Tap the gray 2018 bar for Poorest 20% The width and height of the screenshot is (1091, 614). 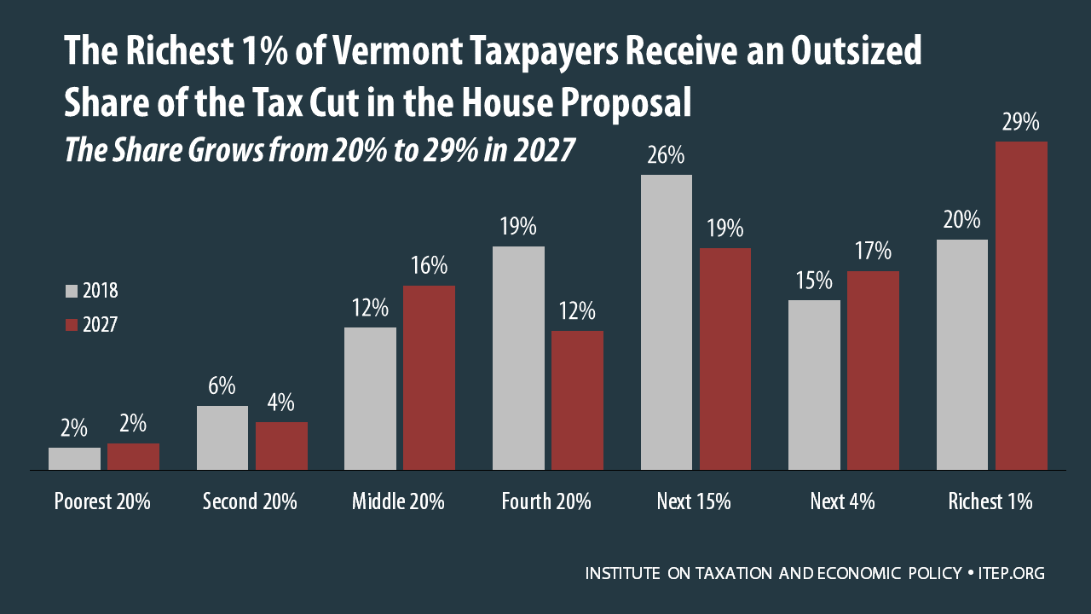click(x=74, y=459)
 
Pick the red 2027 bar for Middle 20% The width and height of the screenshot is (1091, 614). click(x=429, y=378)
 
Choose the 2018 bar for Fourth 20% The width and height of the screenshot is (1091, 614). click(x=518, y=358)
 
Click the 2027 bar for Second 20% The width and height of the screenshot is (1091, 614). click(x=281, y=446)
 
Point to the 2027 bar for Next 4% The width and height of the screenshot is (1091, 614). click(x=873, y=370)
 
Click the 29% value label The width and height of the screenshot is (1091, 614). click(x=1021, y=123)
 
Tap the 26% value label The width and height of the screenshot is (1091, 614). click(x=666, y=156)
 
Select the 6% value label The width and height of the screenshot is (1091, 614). click(x=222, y=386)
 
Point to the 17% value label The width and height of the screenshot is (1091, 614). click(x=873, y=252)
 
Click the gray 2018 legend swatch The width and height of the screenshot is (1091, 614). click(x=72, y=292)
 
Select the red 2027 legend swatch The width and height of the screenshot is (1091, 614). click(x=72, y=325)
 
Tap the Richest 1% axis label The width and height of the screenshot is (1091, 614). click(x=990, y=501)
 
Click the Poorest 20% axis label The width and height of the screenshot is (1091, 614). click(x=102, y=501)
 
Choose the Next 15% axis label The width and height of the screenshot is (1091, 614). click(x=694, y=501)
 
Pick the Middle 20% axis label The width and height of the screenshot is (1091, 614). click(x=398, y=501)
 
